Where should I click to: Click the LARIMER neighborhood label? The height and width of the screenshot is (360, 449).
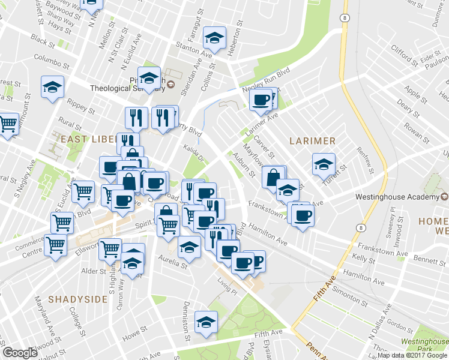(312, 140)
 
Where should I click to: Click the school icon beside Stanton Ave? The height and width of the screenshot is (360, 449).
(214, 38)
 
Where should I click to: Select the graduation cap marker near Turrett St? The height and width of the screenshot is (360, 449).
(323, 164)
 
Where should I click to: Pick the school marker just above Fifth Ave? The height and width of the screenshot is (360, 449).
(206, 323)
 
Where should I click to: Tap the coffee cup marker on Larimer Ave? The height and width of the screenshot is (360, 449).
(261, 100)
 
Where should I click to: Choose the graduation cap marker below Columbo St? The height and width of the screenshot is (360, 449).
(53, 86)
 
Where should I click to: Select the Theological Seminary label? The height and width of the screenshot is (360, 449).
(127, 88)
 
